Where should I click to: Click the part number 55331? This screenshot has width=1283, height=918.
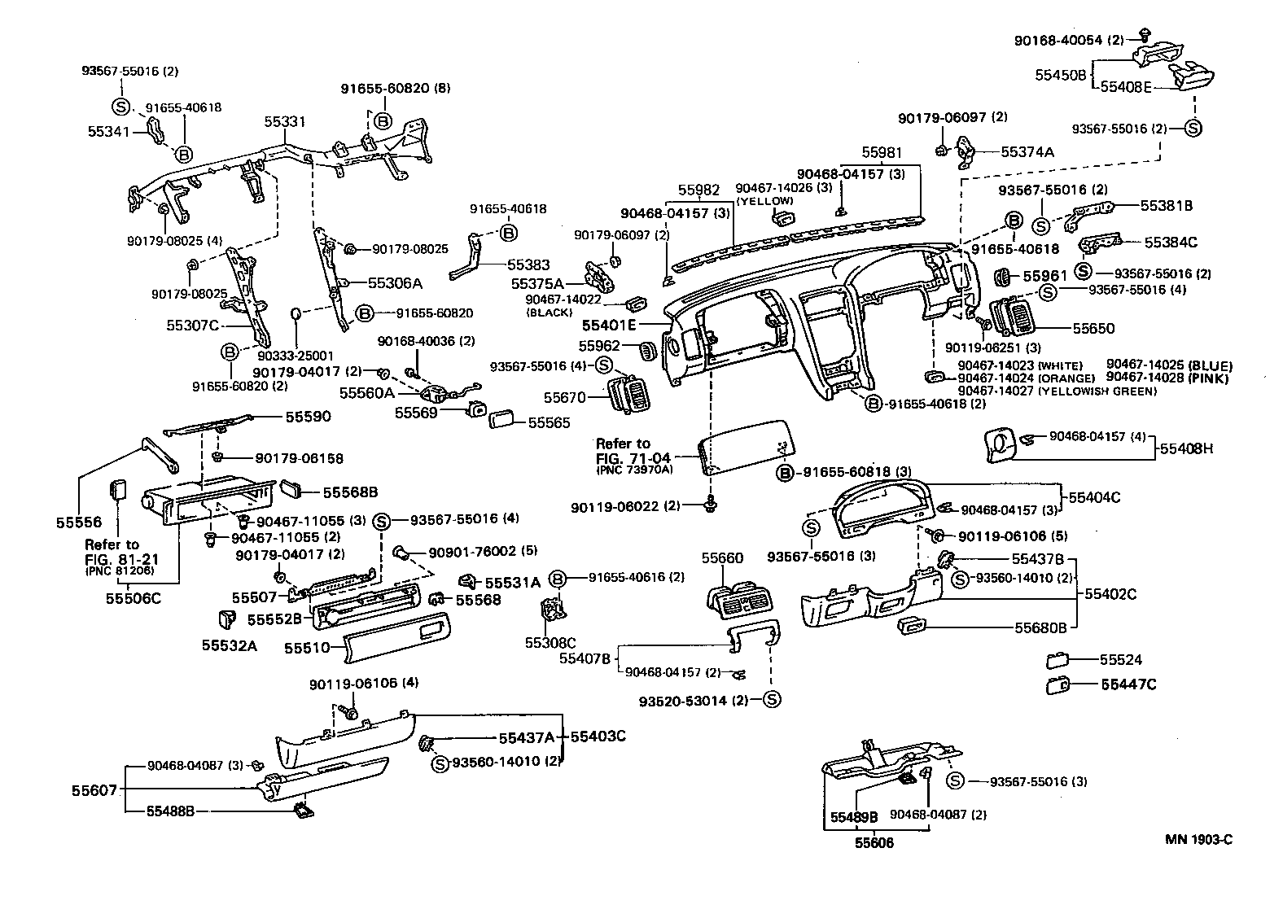pyautogui.click(x=284, y=122)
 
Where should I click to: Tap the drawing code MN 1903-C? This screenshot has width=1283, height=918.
pyautogui.click(x=1198, y=840)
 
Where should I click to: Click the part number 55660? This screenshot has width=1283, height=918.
pyautogui.click(x=722, y=557)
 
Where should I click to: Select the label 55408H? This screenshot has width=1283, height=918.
pyautogui.click(x=1186, y=448)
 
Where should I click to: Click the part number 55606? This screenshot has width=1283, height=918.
pyautogui.click(x=874, y=843)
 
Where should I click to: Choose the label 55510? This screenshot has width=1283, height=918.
pyautogui.click(x=307, y=648)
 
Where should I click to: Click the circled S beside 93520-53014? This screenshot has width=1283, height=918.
pyautogui.click(x=772, y=699)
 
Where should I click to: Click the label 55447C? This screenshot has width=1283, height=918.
pyautogui.click(x=1128, y=684)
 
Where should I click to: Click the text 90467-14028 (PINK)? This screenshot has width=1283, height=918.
pyautogui.click(x=1168, y=378)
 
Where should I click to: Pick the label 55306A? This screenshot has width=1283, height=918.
pyautogui.click(x=395, y=283)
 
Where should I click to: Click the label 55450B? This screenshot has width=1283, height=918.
pyautogui.click(x=1061, y=74)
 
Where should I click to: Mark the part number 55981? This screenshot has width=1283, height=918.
pyautogui.click(x=882, y=152)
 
